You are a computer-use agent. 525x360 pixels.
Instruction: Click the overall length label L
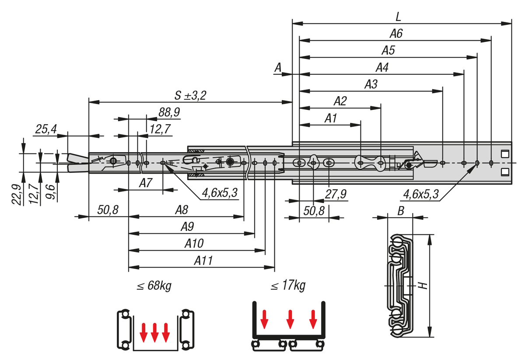pyautogui.click(x=398, y=17)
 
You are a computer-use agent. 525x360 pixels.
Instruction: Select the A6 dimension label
pyautogui.click(x=396, y=34)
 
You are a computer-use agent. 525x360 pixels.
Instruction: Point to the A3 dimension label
pyautogui.click(x=371, y=84)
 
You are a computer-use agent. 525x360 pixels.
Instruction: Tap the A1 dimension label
pyautogui.click(x=331, y=118)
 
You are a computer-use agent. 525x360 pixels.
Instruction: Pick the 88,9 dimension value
pyautogui.click(x=169, y=112)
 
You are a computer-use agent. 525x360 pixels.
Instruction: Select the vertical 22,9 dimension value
pyautogui.click(x=17, y=193)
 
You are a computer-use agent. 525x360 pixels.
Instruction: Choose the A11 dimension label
pyautogui.click(x=204, y=261)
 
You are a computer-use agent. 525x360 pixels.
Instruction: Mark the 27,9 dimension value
pyautogui.click(x=337, y=194)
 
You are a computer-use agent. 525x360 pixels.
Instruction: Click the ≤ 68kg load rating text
pyautogui.click(x=154, y=286)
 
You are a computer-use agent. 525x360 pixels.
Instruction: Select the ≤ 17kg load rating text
pyautogui.click(x=287, y=286)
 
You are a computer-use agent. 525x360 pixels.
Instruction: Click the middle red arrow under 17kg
pyautogui.click(x=290, y=319)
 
